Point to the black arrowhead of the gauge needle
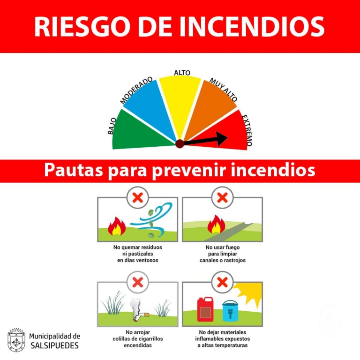pos(221,138)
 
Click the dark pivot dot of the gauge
pos(180,144)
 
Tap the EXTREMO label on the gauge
pos(247,130)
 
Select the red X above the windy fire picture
pos(138,197)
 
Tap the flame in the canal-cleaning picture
pos(216,225)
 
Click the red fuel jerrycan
pos(205,309)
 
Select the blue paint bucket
pos(230,311)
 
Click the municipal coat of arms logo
pos(16,340)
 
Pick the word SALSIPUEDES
pos(55,345)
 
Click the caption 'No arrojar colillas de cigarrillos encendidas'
pos(138,338)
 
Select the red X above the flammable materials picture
pos(222,282)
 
